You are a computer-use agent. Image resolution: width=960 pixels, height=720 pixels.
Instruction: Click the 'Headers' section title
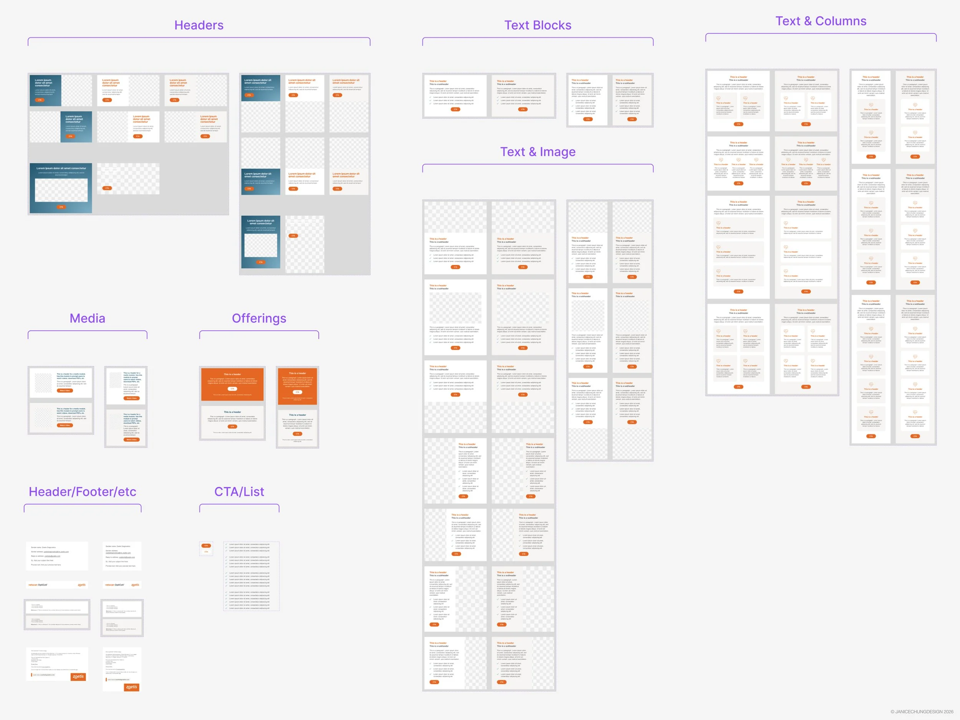(x=199, y=25)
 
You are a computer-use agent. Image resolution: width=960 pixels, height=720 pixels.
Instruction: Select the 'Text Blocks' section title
(x=537, y=25)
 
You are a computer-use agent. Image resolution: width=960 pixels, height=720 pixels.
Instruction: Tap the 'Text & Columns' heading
(x=820, y=21)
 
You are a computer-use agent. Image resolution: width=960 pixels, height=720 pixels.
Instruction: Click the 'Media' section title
(x=87, y=318)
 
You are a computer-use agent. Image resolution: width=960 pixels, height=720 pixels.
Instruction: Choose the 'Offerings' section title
(x=259, y=318)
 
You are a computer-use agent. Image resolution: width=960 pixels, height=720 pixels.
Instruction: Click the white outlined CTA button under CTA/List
(x=206, y=551)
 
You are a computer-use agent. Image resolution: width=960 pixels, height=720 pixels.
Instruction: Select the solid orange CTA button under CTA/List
(x=206, y=546)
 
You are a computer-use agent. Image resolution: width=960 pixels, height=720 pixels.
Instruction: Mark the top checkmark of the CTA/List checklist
(x=227, y=544)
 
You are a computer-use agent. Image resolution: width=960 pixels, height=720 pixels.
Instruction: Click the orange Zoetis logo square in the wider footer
(x=78, y=676)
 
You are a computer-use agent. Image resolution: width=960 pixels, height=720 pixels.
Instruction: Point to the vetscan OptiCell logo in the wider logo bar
(x=38, y=584)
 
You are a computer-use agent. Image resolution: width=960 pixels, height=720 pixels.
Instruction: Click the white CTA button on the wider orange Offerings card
(x=232, y=389)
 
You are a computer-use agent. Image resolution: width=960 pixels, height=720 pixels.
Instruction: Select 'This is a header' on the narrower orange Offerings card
(x=297, y=373)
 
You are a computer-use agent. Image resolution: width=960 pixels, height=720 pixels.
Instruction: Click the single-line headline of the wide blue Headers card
(x=61, y=168)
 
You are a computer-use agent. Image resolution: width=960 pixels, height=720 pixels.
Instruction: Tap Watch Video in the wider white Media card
(x=65, y=391)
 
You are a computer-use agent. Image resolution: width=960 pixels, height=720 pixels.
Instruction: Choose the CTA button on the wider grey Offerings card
(x=232, y=427)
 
